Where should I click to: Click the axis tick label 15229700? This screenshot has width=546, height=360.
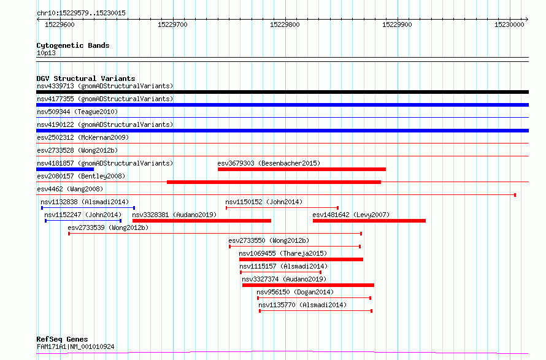click(x=172, y=25)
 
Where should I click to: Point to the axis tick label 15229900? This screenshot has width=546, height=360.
click(x=397, y=25)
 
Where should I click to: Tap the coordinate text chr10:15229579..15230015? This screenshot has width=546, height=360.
click(x=81, y=13)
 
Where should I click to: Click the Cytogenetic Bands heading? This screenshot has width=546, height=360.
click(x=73, y=45)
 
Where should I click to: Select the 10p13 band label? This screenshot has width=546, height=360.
click(x=46, y=53)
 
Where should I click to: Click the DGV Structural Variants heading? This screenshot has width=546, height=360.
click(x=86, y=79)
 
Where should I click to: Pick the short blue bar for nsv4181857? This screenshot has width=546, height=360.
click(x=65, y=169)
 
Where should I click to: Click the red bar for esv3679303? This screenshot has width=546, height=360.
click(x=302, y=169)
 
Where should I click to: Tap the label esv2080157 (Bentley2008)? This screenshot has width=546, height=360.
click(x=81, y=176)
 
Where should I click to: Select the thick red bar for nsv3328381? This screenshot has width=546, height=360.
click(x=202, y=221)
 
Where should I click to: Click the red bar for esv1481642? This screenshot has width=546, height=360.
click(x=369, y=221)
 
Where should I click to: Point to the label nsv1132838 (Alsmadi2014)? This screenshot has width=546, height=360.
click(x=85, y=202)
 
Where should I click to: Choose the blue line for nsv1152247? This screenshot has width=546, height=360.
click(x=83, y=221)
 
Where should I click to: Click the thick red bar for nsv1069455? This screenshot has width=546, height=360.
click(x=301, y=259)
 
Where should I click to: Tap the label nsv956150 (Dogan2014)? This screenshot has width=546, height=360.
click(x=295, y=292)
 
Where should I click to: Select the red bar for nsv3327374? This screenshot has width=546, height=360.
click(x=308, y=285)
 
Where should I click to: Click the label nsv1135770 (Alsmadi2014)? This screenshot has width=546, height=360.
click(x=302, y=305)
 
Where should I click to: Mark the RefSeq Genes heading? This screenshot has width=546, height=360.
click(x=62, y=339)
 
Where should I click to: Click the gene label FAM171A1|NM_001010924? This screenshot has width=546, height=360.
click(x=75, y=347)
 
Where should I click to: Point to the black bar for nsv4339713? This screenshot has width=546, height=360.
click(x=282, y=92)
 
